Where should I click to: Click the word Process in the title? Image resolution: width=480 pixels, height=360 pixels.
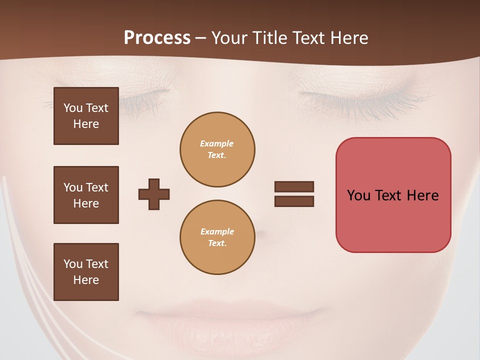click(x=157, y=38)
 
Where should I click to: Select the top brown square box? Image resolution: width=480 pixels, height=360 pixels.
click(x=86, y=116)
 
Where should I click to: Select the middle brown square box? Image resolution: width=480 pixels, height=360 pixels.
click(x=86, y=195)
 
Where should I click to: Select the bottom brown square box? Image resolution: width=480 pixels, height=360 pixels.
click(x=86, y=272)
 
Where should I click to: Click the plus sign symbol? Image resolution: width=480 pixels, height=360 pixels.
click(x=154, y=194)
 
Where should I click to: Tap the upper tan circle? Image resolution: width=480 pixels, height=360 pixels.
click(x=217, y=149)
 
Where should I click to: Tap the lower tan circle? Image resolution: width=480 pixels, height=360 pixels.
click(x=217, y=237)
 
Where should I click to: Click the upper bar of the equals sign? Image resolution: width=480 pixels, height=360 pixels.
click(x=294, y=187)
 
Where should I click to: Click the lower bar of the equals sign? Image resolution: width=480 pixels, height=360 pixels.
click(x=294, y=201)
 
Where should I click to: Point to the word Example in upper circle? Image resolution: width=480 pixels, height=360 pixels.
click(x=217, y=143)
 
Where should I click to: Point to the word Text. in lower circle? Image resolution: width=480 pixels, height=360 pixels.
click(x=217, y=243)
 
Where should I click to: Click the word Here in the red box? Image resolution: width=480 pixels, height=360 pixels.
click(x=422, y=195)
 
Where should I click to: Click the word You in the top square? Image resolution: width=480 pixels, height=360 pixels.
click(x=72, y=108)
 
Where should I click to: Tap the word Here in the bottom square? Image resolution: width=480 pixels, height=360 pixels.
click(x=86, y=280)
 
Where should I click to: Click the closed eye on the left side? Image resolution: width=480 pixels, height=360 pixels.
click(x=145, y=95)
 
